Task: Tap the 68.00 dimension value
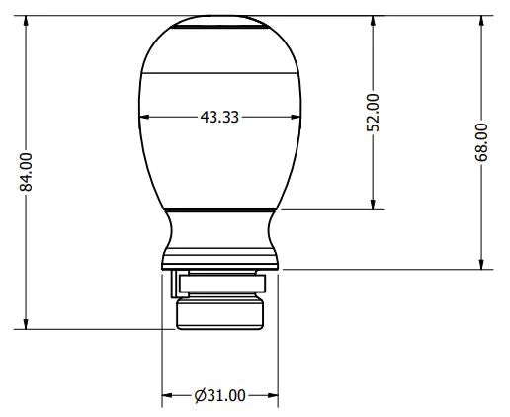point(481,141)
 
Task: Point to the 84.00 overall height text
point(27,171)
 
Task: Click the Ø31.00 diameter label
point(219,395)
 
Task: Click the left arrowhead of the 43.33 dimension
point(147,117)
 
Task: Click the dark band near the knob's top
point(220,31)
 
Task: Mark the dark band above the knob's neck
point(220,208)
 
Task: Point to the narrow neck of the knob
point(220,237)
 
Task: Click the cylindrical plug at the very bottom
point(220,313)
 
